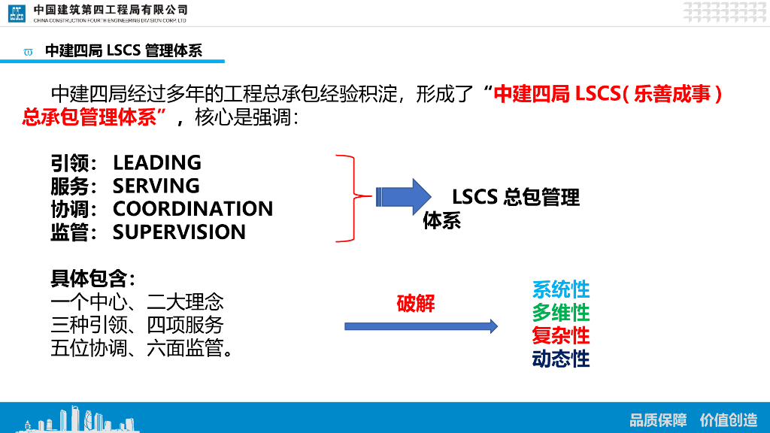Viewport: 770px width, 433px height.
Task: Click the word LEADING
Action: (x=156, y=162)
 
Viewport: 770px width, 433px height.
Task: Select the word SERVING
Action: (x=156, y=186)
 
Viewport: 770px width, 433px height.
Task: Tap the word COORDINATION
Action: (x=192, y=209)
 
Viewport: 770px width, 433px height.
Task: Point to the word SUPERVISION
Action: (x=179, y=232)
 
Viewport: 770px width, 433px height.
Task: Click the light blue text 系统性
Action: (x=561, y=289)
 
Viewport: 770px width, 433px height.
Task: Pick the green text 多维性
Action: (x=561, y=313)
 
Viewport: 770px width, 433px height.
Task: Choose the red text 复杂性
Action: (x=561, y=335)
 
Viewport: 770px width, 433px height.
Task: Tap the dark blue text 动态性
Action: (x=561, y=359)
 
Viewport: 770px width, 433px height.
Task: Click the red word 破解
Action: (x=416, y=304)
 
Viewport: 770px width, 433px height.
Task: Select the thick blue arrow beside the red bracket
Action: (x=403, y=197)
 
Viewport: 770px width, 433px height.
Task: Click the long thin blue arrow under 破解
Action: (x=421, y=326)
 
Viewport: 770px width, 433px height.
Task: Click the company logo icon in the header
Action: (x=17, y=13)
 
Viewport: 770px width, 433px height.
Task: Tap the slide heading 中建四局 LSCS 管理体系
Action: (x=123, y=50)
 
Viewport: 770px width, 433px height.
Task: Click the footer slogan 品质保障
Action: (x=658, y=419)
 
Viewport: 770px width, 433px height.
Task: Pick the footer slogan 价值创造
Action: (x=728, y=419)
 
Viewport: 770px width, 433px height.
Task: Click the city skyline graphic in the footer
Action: (x=75, y=419)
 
